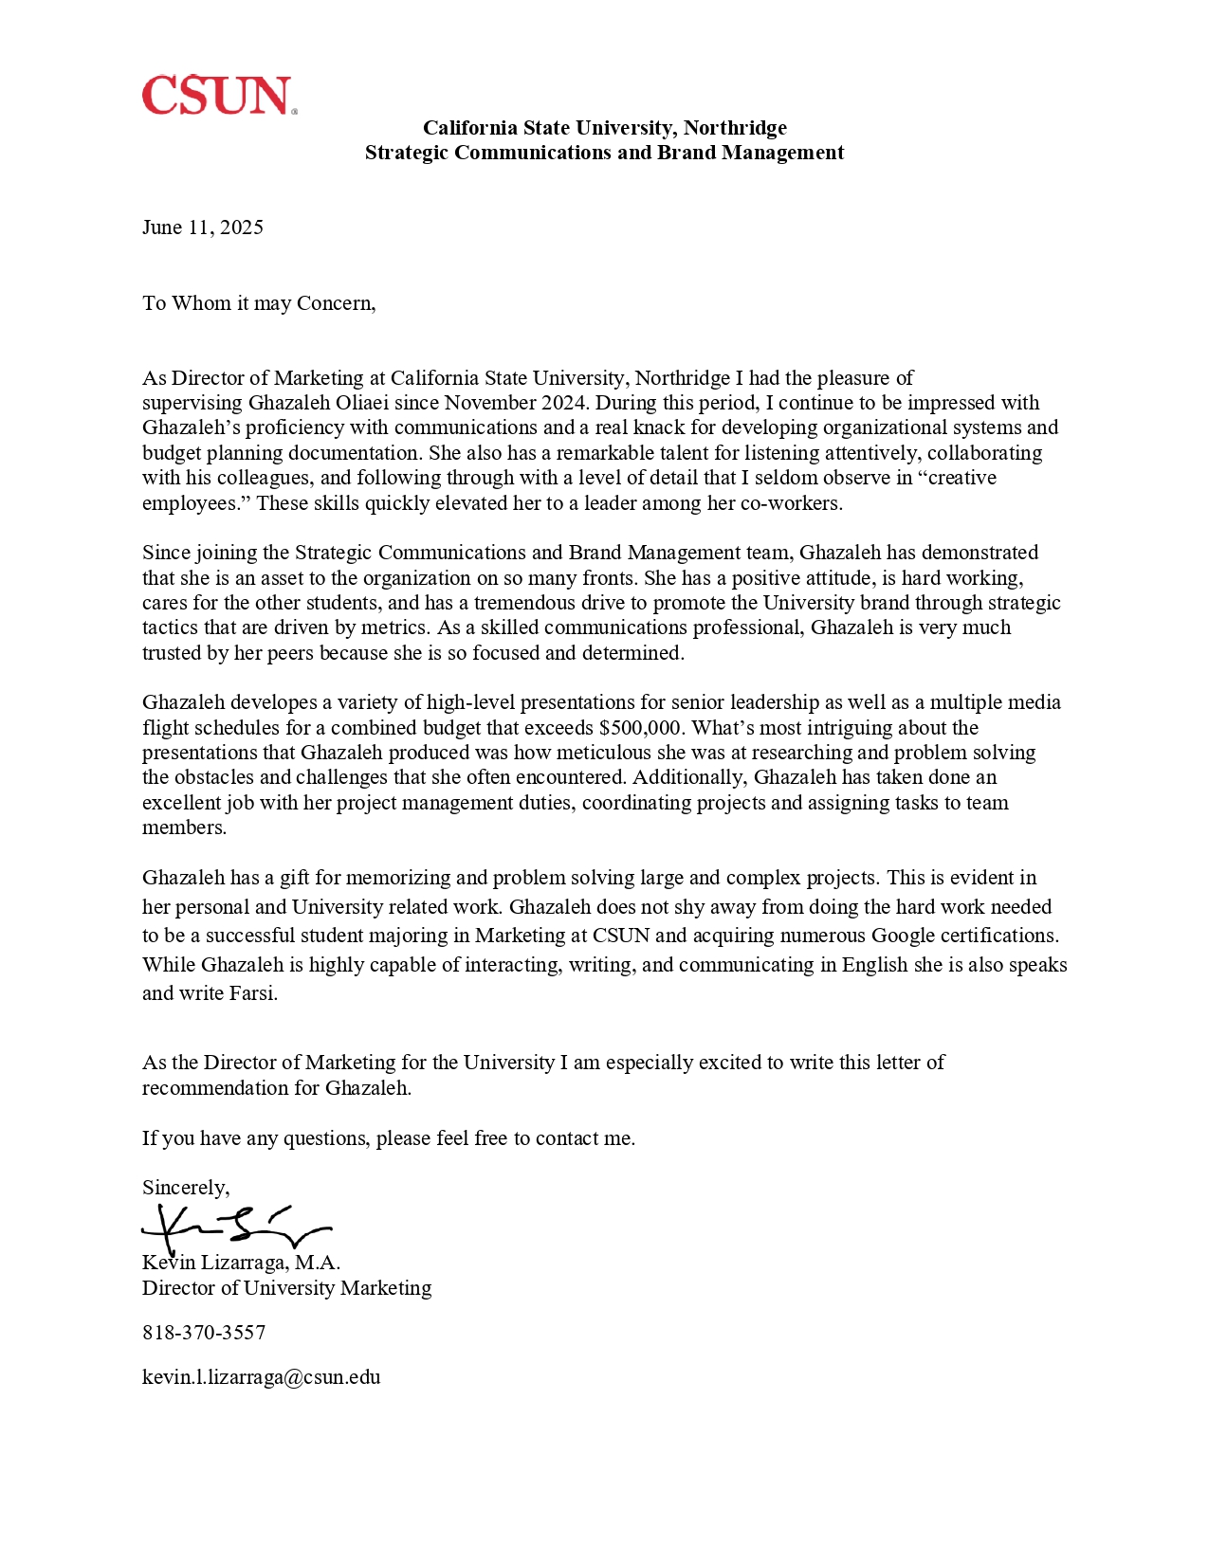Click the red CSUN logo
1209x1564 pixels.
pyautogui.click(x=219, y=96)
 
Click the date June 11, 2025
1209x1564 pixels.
pyautogui.click(x=203, y=227)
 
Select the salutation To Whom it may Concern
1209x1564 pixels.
pyautogui.click(x=259, y=303)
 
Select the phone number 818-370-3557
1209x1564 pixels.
pyautogui.click(x=204, y=1333)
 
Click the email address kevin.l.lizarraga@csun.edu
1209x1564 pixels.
pyautogui.click(x=261, y=1377)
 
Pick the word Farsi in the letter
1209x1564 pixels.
pyautogui.click(x=253, y=993)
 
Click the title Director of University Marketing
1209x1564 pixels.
pyautogui.click(x=286, y=1288)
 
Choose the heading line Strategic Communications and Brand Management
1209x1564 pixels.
pyautogui.click(x=604, y=153)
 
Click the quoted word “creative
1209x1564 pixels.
pyautogui.click(x=958, y=478)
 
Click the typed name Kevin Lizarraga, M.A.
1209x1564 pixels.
pyautogui.click(x=241, y=1263)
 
